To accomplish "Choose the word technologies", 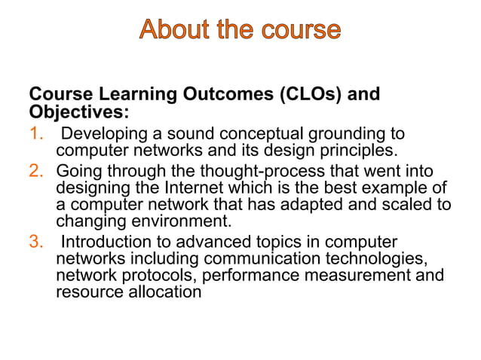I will (x=383, y=258).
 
